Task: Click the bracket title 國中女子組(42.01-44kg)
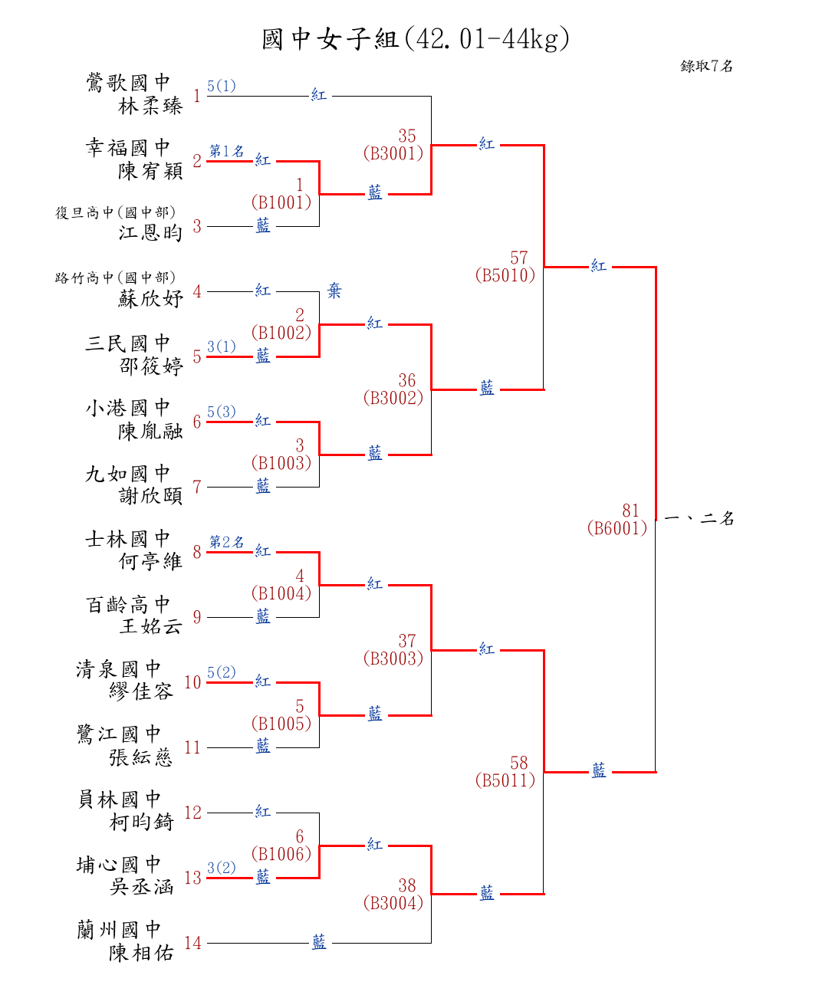click(x=416, y=38)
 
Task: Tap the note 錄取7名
click(x=706, y=66)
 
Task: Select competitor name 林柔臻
click(x=150, y=106)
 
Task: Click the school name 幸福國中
click(x=127, y=147)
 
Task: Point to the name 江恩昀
click(x=150, y=232)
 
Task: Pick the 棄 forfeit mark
click(x=334, y=291)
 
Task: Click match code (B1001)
click(x=281, y=202)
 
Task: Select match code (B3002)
click(x=393, y=398)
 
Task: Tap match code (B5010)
click(x=505, y=275)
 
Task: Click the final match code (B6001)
click(x=617, y=528)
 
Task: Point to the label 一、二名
click(x=699, y=519)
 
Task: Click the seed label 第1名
click(x=227, y=151)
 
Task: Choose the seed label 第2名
click(x=227, y=542)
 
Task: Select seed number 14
click(x=192, y=943)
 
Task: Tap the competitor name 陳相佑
click(x=141, y=953)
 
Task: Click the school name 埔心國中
click(x=119, y=865)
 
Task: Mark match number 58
click(x=519, y=763)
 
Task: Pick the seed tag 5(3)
click(x=222, y=412)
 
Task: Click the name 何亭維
click(x=150, y=561)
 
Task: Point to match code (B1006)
click(x=281, y=854)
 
